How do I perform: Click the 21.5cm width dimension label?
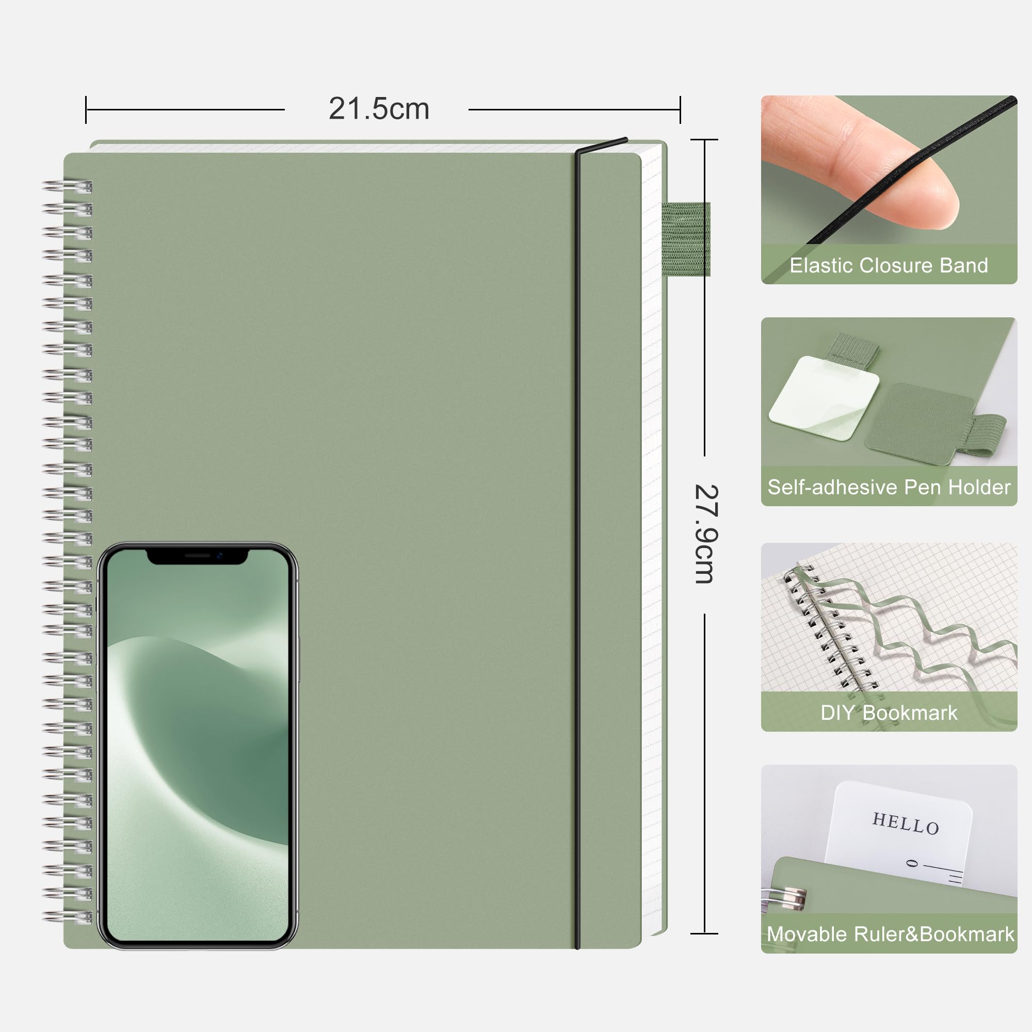tap(379, 109)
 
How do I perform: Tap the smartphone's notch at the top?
tap(197, 556)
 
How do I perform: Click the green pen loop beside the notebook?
tap(686, 239)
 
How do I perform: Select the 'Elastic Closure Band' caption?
tap(889, 265)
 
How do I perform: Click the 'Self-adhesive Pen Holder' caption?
tap(889, 487)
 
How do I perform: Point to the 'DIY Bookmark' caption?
tap(889, 713)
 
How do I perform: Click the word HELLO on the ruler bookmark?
tap(906, 823)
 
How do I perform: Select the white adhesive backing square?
tap(824, 398)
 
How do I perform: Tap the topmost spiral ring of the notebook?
tap(67, 187)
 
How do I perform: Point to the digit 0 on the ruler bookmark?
tap(913, 863)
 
